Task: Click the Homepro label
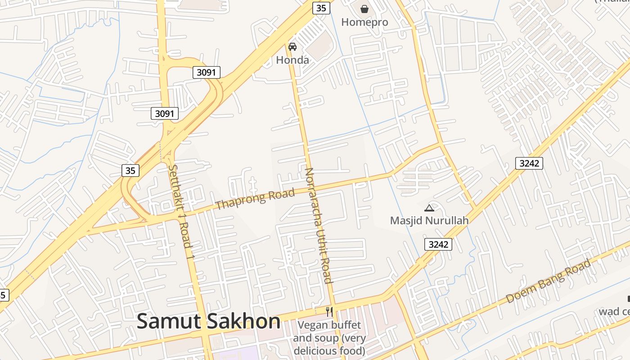pyautogui.click(x=364, y=22)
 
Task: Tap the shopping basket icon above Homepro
pyautogui.click(x=364, y=9)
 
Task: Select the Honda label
pyautogui.click(x=292, y=60)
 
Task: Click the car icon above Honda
pyautogui.click(x=292, y=46)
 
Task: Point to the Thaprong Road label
pyautogui.click(x=255, y=199)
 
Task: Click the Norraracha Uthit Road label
pyautogui.click(x=318, y=225)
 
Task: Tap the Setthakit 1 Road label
pyautogui.click(x=181, y=212)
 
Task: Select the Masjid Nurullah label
pyautogui.click(x=429, y=220)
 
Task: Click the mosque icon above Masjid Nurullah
pyautogui.click(x=429, y=208)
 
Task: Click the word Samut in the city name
pyautogui.click(x=169, y=322)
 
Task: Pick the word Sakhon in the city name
pyautogui.click(x=243, y=322)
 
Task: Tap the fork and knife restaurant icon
pyautogui.click(x=329, y=311)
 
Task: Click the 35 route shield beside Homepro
pyautogui.click(x=321, y=8)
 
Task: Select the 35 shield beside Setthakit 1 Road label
pyautogui.click(x=130, y=171)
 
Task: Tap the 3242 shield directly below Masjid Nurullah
pyautogui.click(x=438, y=244)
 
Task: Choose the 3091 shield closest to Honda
pyautogui.click(x=207, y=72)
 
